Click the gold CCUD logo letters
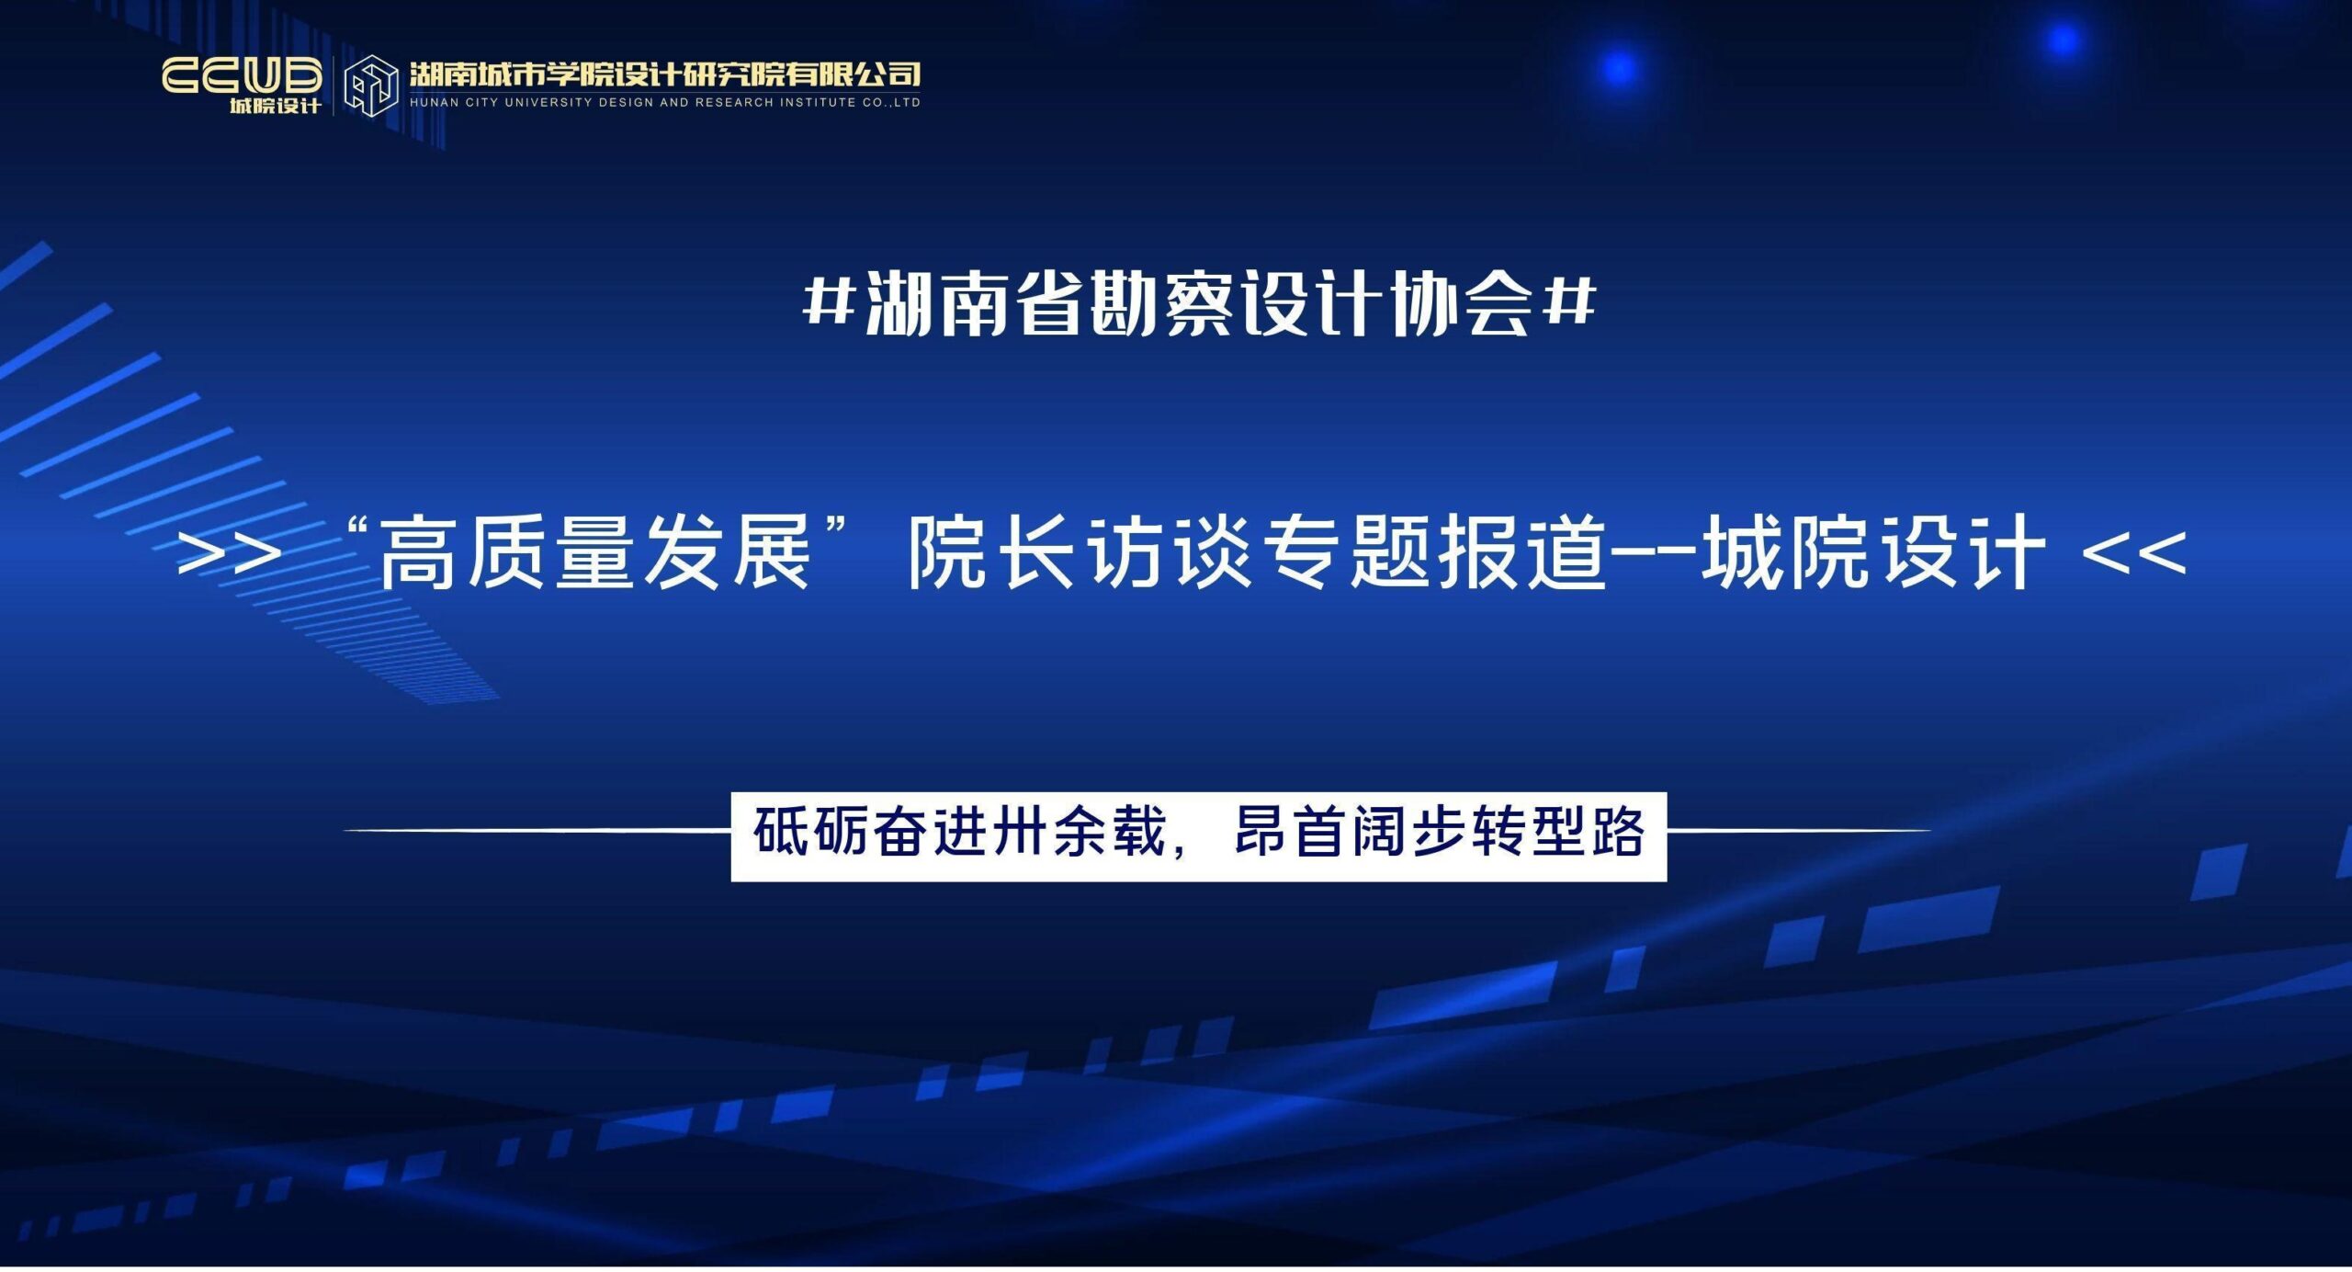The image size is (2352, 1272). tap(242, 75)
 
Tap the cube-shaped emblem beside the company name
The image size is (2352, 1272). tap(370, 85)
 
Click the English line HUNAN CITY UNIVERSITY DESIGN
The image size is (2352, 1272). tap(664, 103)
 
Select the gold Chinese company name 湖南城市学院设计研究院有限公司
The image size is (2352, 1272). tap(664, 74)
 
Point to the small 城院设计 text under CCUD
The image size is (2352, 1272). tap(275, 106)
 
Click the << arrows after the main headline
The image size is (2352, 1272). tap(2133, 554)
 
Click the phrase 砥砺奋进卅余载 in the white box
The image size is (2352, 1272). tap(959, 831)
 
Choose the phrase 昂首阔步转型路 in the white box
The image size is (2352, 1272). tap(1439, 831)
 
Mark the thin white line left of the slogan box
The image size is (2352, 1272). tap(537, 830)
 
